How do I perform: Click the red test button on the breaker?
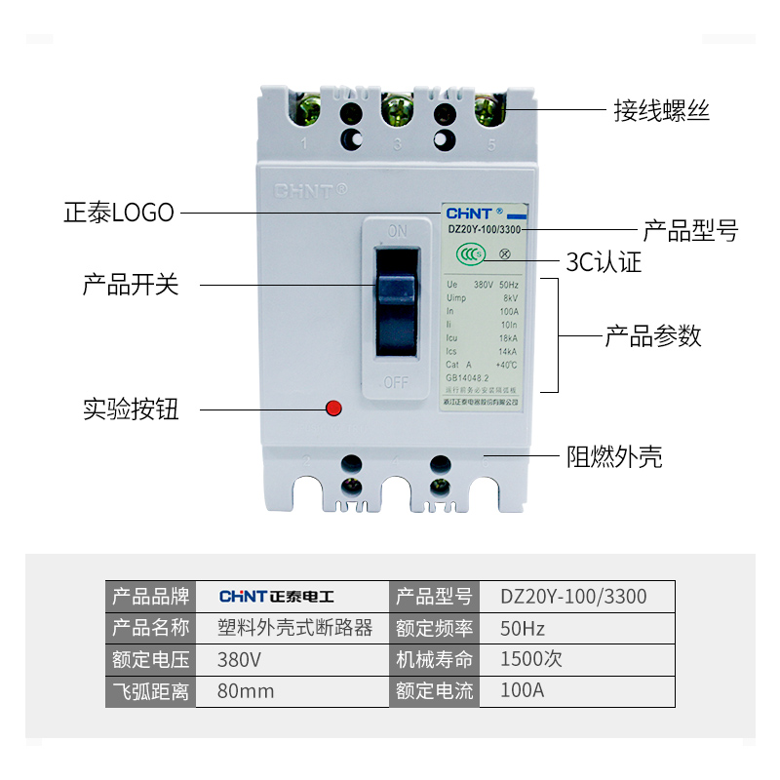(x=333, y=408)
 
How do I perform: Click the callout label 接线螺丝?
(x=661, y=110)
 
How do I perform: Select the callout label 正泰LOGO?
(x=119, y=212)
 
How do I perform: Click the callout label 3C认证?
(x=604, y=262)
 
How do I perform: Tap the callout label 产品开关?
(x=131, y=285)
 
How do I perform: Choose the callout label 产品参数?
(x=653, y=336)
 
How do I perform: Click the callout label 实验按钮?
(x=131, y=409)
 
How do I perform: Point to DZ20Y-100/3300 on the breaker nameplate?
(x=485, y=229)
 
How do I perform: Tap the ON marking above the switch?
(x=397, y=232)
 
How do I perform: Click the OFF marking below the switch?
(x=396, y=382)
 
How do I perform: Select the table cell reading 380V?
(x=239, y=659)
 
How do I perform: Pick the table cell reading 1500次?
(x=531, y=659)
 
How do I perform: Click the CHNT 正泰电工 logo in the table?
(x=276, y=596)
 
